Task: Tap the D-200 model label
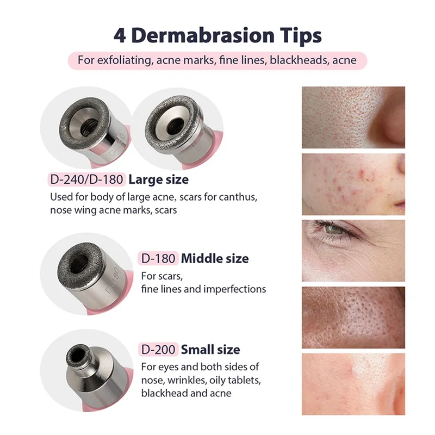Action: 158,349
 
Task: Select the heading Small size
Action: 210,349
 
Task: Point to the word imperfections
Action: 235,289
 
